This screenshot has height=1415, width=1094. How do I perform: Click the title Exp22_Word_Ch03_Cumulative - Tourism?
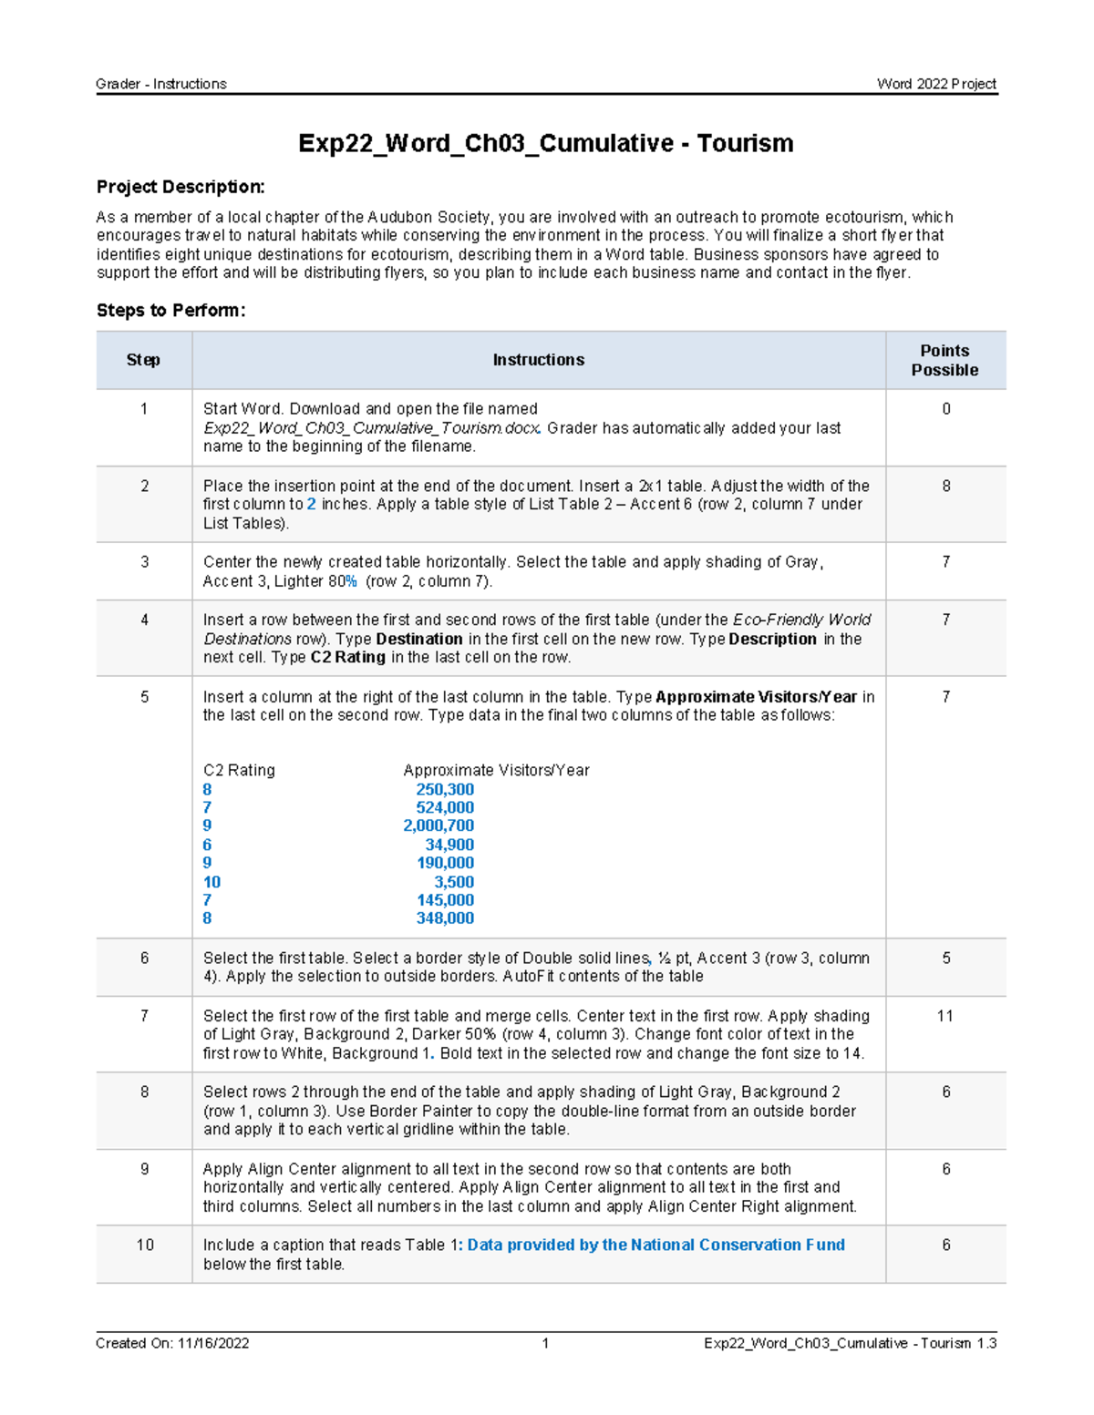(x=545, y=144)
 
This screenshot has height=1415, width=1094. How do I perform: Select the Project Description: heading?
(x=181, y=187)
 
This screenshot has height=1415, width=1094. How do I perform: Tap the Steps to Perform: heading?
(x=170, y=311)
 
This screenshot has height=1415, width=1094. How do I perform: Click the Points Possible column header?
(x=944, y=361)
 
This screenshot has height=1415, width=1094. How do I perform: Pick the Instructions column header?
(x=538, y=361)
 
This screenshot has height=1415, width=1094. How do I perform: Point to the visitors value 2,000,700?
(x=439, y=826)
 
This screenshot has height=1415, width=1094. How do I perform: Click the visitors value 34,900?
(x=449, y=845)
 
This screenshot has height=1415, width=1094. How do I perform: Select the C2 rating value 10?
(x=212, y=882)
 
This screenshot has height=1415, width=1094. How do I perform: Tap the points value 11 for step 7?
(x=944, y=1016)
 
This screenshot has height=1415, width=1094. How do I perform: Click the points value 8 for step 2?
(x=945, y=487)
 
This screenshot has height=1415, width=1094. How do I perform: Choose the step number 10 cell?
(x=145, y=1246)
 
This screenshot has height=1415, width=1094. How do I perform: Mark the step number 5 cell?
(x=144, y=697)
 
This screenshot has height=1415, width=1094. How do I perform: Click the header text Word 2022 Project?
(x=936, y=84)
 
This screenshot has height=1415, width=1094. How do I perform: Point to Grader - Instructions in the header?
(x=161, y=84)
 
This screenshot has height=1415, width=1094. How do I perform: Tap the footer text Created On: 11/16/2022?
(x=172, y=1343)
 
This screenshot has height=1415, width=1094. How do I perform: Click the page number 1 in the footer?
(x=545, y=1343)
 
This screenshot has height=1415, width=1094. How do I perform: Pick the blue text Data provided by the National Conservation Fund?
(x=655, y=1246)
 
